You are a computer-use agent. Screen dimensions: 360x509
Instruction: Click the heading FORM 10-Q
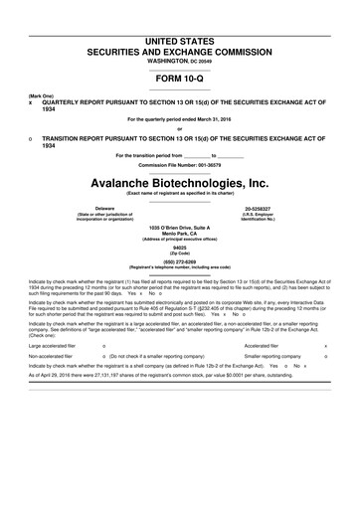pyautogui.click(x=180, y=74)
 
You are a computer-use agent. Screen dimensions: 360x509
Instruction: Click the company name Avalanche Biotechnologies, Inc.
pyautogui.click(x=180, y=184)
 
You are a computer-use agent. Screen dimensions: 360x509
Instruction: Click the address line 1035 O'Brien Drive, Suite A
pyautogui.click(x=180, y=228)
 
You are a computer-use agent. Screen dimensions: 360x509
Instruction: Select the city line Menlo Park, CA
pyautogui.click(x=180, y=234)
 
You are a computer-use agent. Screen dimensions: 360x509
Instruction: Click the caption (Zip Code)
pyautogui.click(x=180, y=254)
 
